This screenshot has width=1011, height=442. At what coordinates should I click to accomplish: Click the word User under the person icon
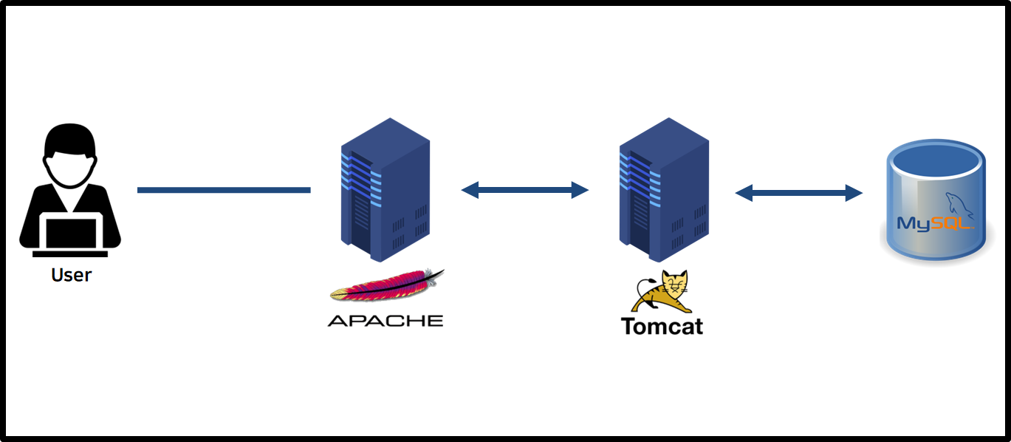pyautogui.click(x=71, y=275)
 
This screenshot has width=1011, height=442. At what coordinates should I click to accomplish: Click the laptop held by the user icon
pyautogui.click(x=71, y=233)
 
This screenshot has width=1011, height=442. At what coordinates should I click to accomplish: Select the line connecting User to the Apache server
pyautogui.click(x=223, y=190)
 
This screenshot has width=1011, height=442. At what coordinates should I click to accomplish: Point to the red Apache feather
pyautogui.click(x=388, y=286)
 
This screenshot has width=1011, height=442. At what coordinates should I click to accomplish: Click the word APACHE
pyautogui.click(x=385, y=321)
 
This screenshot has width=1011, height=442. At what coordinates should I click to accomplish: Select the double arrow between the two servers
pyautogui.click(x=524, y=190)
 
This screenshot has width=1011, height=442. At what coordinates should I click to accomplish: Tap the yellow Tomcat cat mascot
pyautogui.click(x=662, y=292)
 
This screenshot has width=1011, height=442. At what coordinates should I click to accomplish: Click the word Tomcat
pyautogui.click(x=662, y=326)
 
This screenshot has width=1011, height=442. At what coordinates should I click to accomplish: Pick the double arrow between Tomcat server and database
pyautogui.click(x=798, y=194)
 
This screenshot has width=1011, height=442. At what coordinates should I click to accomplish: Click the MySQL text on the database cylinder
pyautogui.click(x=933, y=223)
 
